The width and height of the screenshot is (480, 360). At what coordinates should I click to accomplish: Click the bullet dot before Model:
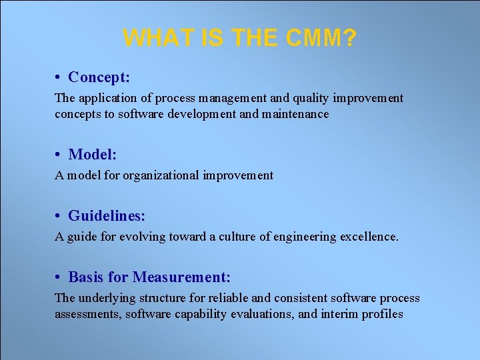pyautogui.click(x=59, y=155)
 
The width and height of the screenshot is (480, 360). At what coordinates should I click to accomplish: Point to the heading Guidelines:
pyautogui.click(x=107, y=216)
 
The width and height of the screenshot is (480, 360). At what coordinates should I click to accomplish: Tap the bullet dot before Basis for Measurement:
pyautogui.click(x=59, y=277)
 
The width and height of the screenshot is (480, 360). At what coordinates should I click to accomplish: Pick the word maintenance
pyautogui.click(x=295, y=114)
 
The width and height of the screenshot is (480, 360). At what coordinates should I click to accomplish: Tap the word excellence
pyautogui.click(x=369, y=237)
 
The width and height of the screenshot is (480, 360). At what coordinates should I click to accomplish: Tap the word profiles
pyautogui.click(x=383, y=314)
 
